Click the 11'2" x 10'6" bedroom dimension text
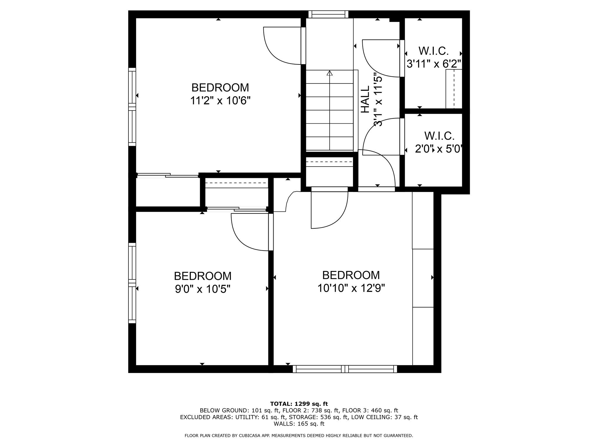click(220, 101)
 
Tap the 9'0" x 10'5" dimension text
click(203, 289)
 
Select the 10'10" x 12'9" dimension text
click(351, 288)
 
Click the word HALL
click(365, 99)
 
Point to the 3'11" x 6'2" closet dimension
click(434, 64)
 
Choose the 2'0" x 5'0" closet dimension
click(438, 149)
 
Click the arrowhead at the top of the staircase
click(330, 73)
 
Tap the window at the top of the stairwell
click(328, 14)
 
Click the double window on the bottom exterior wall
click(345, 369)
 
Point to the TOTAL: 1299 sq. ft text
click(299, 404)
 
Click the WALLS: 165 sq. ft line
click(299, 424)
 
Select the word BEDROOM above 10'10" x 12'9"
click(351, 275)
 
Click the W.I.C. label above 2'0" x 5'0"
click(439, 136)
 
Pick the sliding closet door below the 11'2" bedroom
click(168, 175)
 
